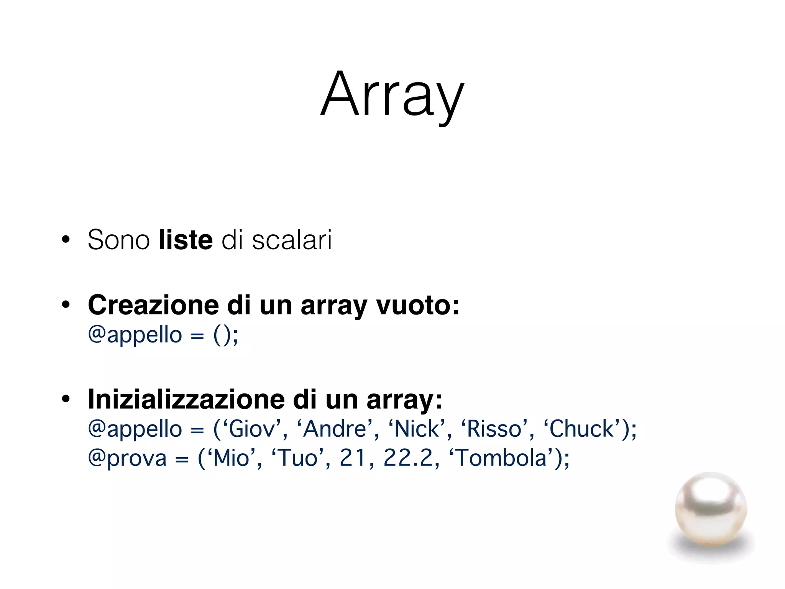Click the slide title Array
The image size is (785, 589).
(x=392, y=94)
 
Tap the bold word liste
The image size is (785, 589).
(x=186, y=240)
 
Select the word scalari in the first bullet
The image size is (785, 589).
(x=292, y=240)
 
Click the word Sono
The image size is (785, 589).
(x=118, y=240)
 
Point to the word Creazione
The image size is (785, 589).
(x=153, y=305)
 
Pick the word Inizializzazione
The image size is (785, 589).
(x=186, y=399)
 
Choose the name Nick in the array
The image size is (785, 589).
(x=417, y=429)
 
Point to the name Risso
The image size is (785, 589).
(x=494, y=429)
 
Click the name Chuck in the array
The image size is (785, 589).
(x=581, y=429)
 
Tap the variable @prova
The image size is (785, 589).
(x=127, y=458)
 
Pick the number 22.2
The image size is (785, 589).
(x=408, y=458)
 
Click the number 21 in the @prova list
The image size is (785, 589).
(x=353, y=458)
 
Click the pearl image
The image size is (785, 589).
(x=711, y=510)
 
